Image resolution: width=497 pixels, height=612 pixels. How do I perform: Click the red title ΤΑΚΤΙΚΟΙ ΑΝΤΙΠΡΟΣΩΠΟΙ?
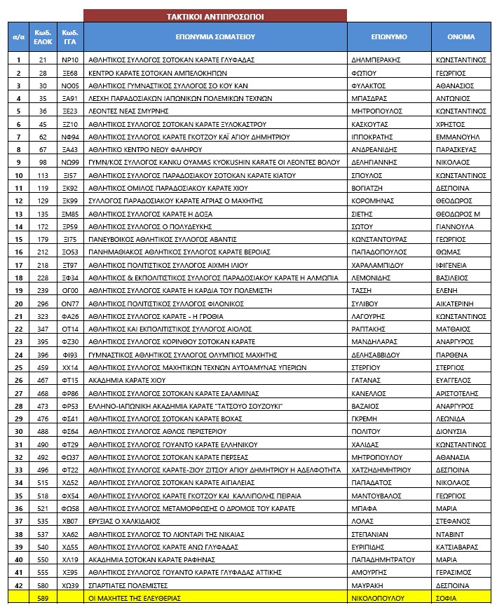pos(215,15)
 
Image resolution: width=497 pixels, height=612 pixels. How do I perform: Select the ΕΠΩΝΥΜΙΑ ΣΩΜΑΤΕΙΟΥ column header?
pos(215,36)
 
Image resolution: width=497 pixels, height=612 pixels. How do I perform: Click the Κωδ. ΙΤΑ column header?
pos(69,36)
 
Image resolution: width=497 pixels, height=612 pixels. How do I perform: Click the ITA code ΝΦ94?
pos(69,137)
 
